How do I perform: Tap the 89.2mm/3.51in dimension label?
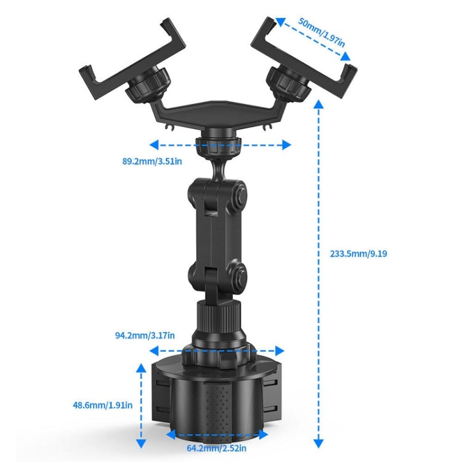click(x=152, y=162)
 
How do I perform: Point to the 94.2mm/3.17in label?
click(x=145, y=335)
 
